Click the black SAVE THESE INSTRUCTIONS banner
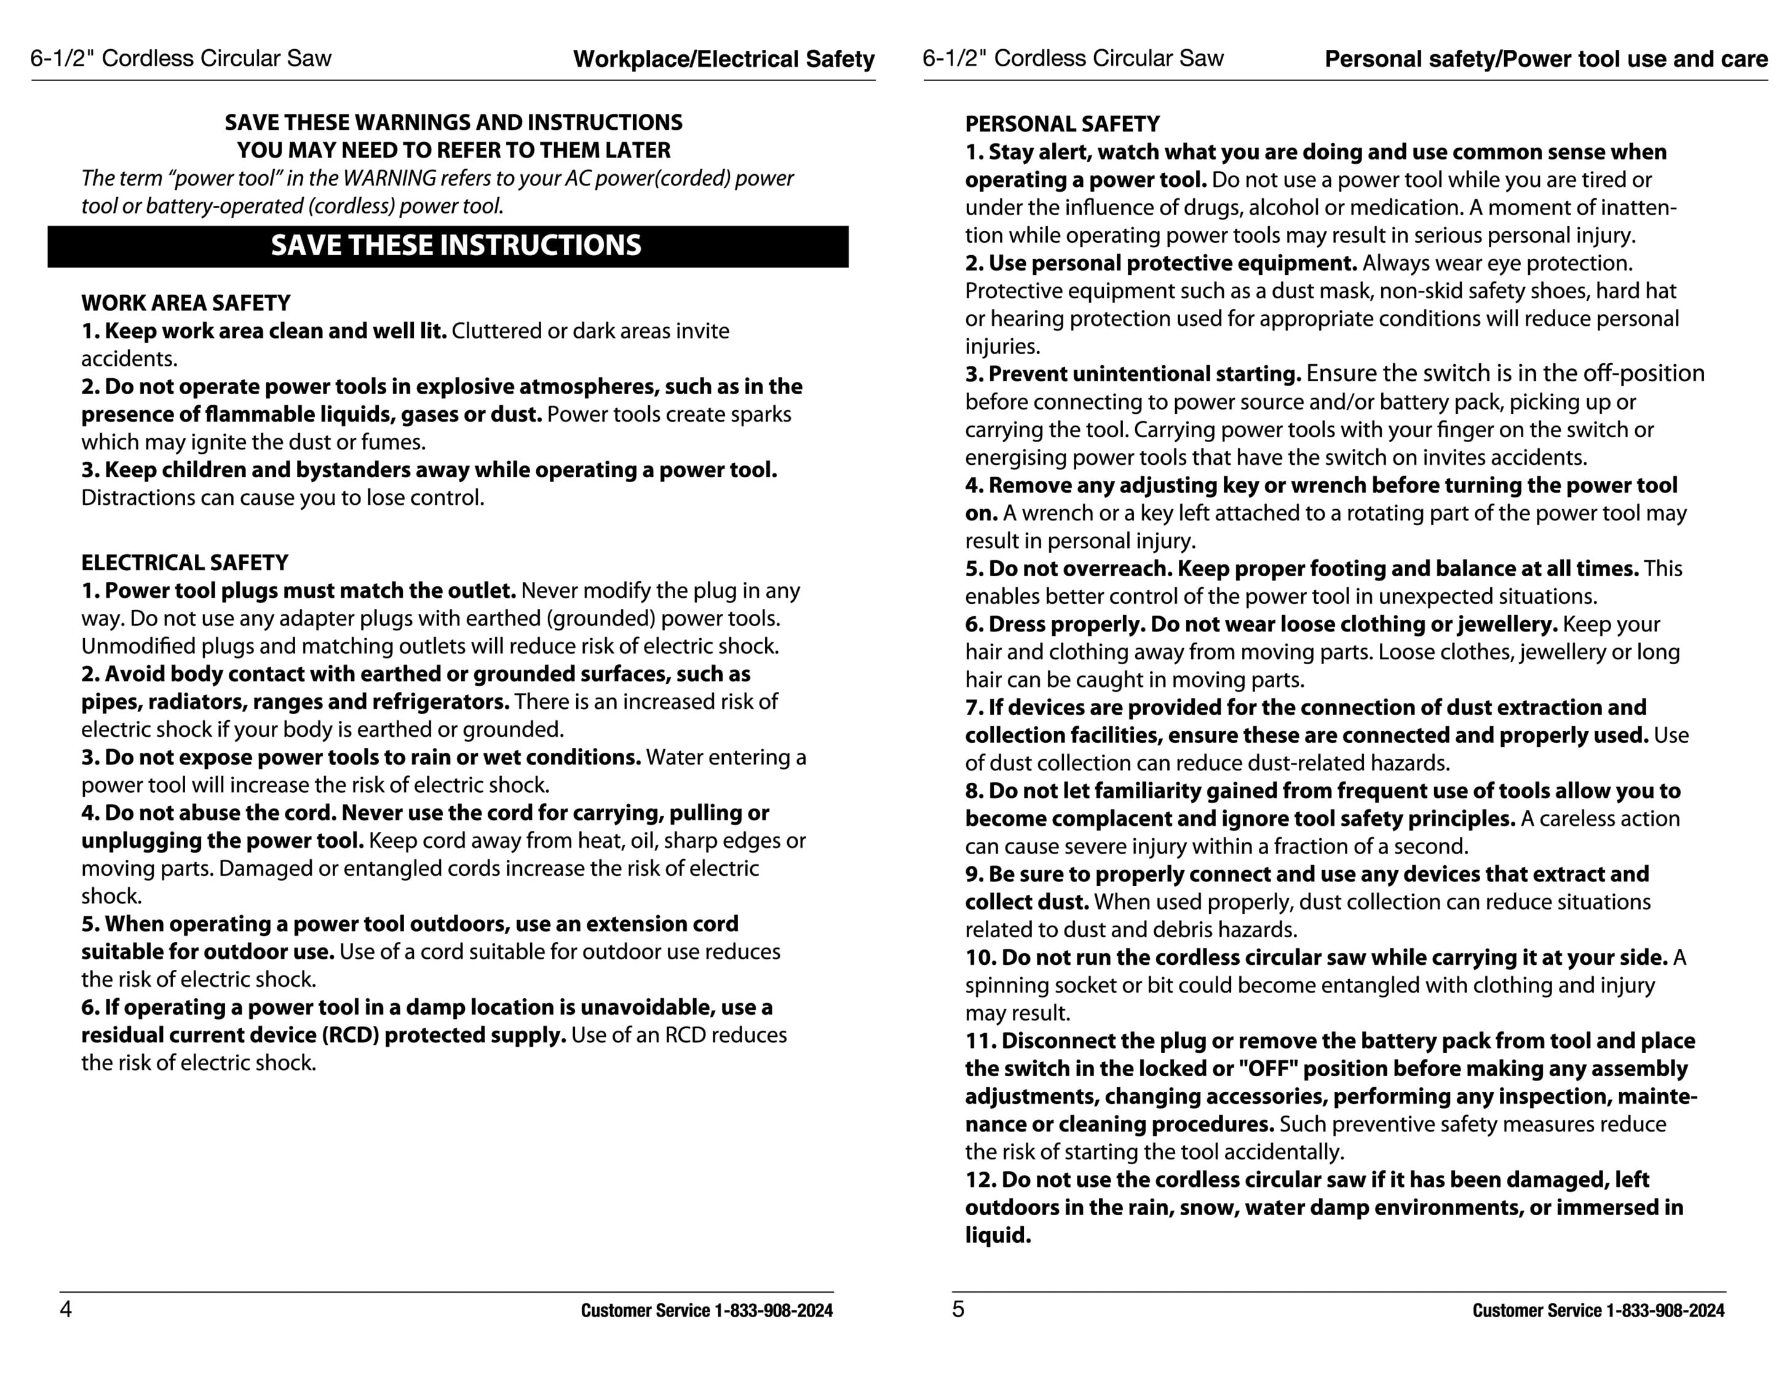tap(448, 246)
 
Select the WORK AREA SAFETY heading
tap(186, 303)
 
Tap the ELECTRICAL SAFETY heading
tap(184, 563)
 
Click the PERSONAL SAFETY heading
tap(1062, 124)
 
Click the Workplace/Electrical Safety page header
tap(724, 59)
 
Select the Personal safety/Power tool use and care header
tap(1545, 59)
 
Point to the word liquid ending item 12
tap(997, 1235)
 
